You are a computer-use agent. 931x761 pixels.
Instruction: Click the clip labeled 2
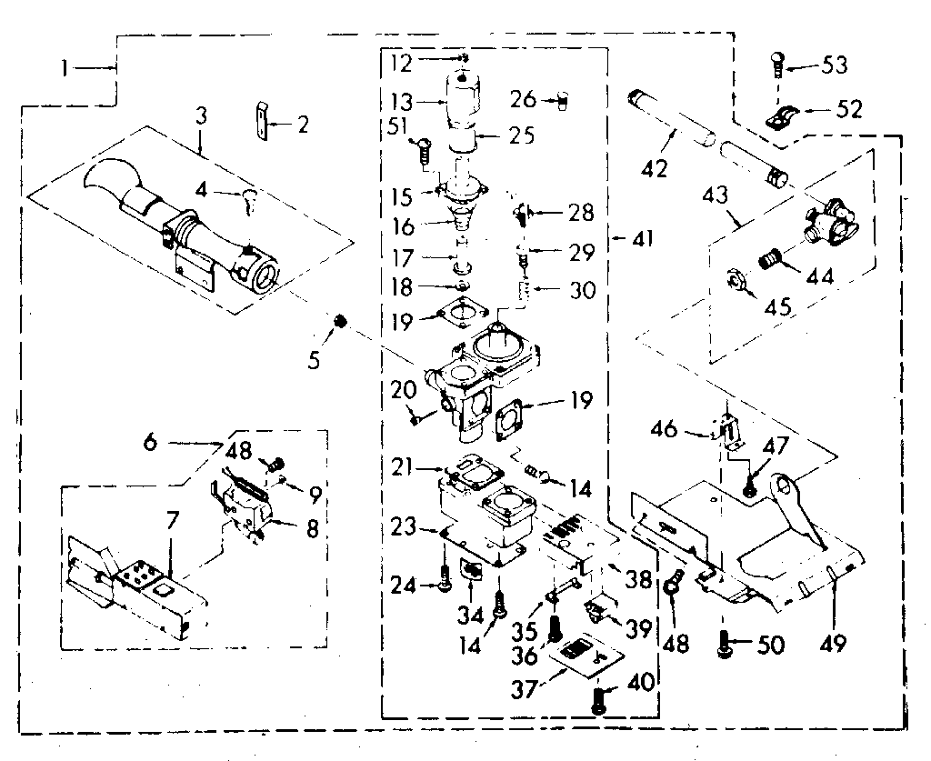click(x=262, y=121)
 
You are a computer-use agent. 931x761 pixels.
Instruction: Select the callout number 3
click(x=200, y=116)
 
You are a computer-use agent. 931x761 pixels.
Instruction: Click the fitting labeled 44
click(x=772, y=261)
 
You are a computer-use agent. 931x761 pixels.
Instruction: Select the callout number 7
click(x=173, y=522)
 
